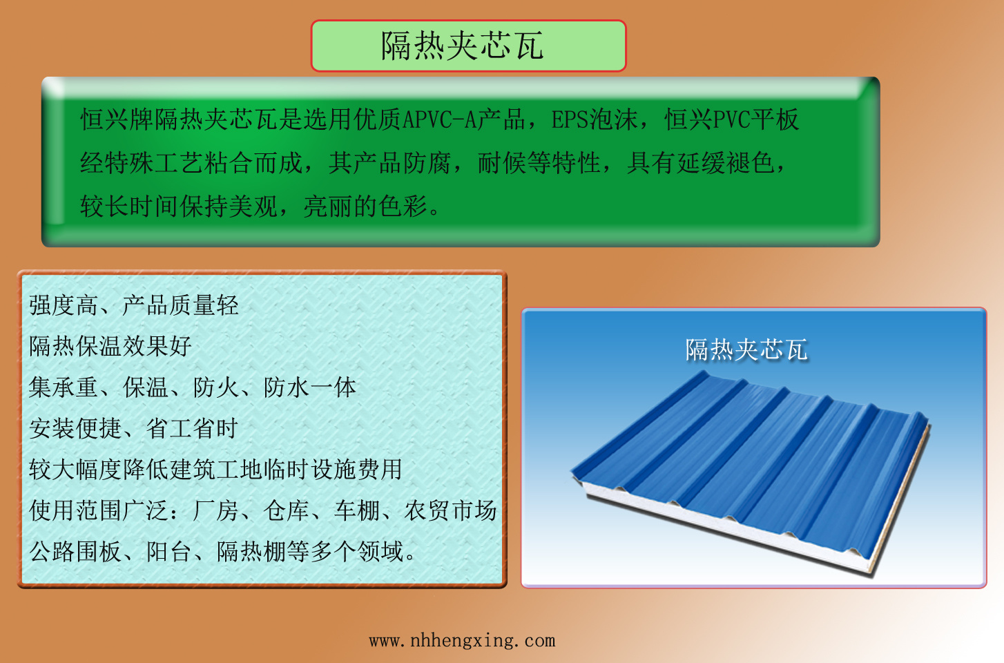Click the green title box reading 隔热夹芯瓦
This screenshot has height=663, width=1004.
468,46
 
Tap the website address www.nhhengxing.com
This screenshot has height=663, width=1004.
462,641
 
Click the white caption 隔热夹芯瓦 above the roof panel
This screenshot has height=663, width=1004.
746,349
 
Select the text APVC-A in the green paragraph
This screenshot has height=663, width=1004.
439,119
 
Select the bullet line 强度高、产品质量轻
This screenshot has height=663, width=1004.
133,305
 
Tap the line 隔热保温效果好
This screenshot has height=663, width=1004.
110,346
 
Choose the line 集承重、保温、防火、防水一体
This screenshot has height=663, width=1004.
192,387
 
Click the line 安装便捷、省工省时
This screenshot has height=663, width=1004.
133,428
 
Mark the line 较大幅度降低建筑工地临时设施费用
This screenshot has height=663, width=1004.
215,470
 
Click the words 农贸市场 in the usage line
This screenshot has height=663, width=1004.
450,510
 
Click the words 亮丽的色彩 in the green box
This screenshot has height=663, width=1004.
365,206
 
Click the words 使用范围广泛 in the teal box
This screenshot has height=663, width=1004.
99,510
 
